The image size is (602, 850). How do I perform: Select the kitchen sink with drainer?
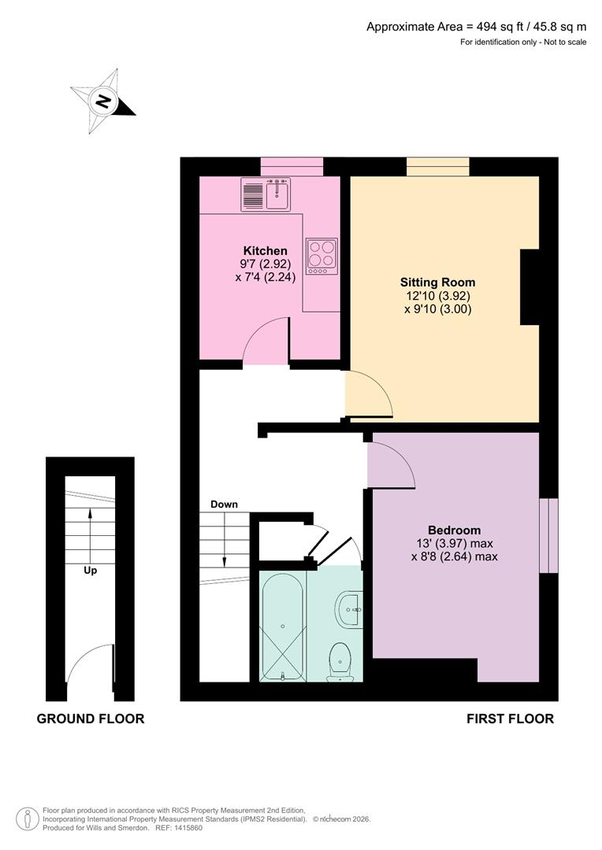pyautogui.click(x=266, y=194)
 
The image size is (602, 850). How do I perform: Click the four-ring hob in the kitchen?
pyautogui.click(x=321, y=256)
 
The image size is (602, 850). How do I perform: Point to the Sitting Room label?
pyautogui.click(x=437, y=282)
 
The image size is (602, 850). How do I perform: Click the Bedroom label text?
pyautogui.click(x=454, y=530)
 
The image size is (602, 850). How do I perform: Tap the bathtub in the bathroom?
pyautogui.click(x=282, y=626)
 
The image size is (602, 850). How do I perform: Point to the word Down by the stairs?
pyautogui.click(x=224, y=504)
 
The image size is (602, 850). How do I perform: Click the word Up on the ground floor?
pyautogui.click(x=91, y=570)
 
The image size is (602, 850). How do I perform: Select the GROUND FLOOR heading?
pyautogui.click(x=91, y=718)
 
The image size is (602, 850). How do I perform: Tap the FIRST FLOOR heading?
pyautogui.click(x=510, y=718)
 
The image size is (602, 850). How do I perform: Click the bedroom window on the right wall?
pyautogui.click(x=548, y=535)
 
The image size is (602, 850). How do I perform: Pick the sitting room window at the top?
pyautogui.click(x=438, y=166)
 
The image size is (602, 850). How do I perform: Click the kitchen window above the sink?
pyautogui.click(x=292, y=166)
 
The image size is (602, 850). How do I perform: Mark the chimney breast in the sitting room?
pyautogui.click(x=530, y=287)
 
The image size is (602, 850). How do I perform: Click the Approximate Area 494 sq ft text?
pyautogui.click(x=476, y=27)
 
